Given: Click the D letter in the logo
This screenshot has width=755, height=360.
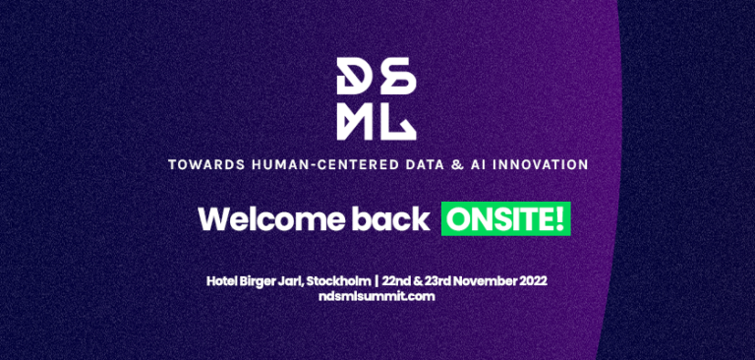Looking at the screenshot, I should pyautogui.click(x=353, y=75).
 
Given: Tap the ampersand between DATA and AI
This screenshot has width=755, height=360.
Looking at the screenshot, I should pyautogui.click(x=484, y=163).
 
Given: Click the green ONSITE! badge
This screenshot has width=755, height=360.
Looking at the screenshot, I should pyautogui.click(x=505, y=218).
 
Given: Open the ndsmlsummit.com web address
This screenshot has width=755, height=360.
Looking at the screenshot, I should pyautogui.click(x=377, y=296).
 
